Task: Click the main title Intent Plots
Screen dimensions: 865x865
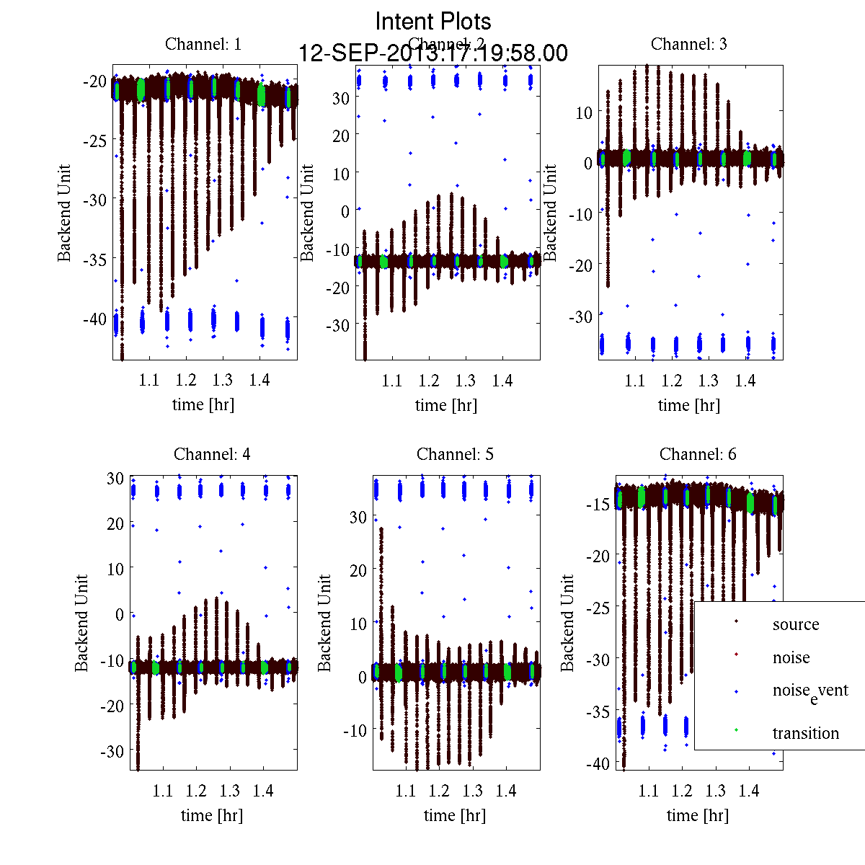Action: tap(433, 21)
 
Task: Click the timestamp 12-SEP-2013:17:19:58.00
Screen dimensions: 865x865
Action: tap(433, 53)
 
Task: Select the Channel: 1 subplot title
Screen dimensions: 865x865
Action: tap(203, 44)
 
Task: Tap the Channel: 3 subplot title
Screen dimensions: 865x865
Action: tap(688, 44)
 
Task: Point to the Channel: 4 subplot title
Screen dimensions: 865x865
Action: tap(212, 454)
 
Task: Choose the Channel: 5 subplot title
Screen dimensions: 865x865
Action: tap(455, 454)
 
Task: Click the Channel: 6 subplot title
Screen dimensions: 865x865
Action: tap(698, 454)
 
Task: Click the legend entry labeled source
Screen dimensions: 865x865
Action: tap(795, 624)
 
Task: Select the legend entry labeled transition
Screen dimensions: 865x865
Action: tap(805, 733)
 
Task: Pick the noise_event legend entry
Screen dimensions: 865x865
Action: tap(809, 691)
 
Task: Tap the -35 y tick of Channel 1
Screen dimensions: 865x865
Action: tap(96, 259)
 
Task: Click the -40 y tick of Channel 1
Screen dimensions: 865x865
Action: tap(96, 319)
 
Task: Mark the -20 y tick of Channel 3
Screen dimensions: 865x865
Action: tap(581, 265)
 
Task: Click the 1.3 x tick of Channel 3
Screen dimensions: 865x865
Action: tap(709, 380)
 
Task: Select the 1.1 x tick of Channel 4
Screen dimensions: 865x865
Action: tap(163, 791)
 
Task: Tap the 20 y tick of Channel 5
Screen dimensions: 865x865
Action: tap(358, 570)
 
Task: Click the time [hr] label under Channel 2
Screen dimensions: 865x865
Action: tap(445, 405)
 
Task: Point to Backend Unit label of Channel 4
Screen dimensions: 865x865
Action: tap(82, 623)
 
